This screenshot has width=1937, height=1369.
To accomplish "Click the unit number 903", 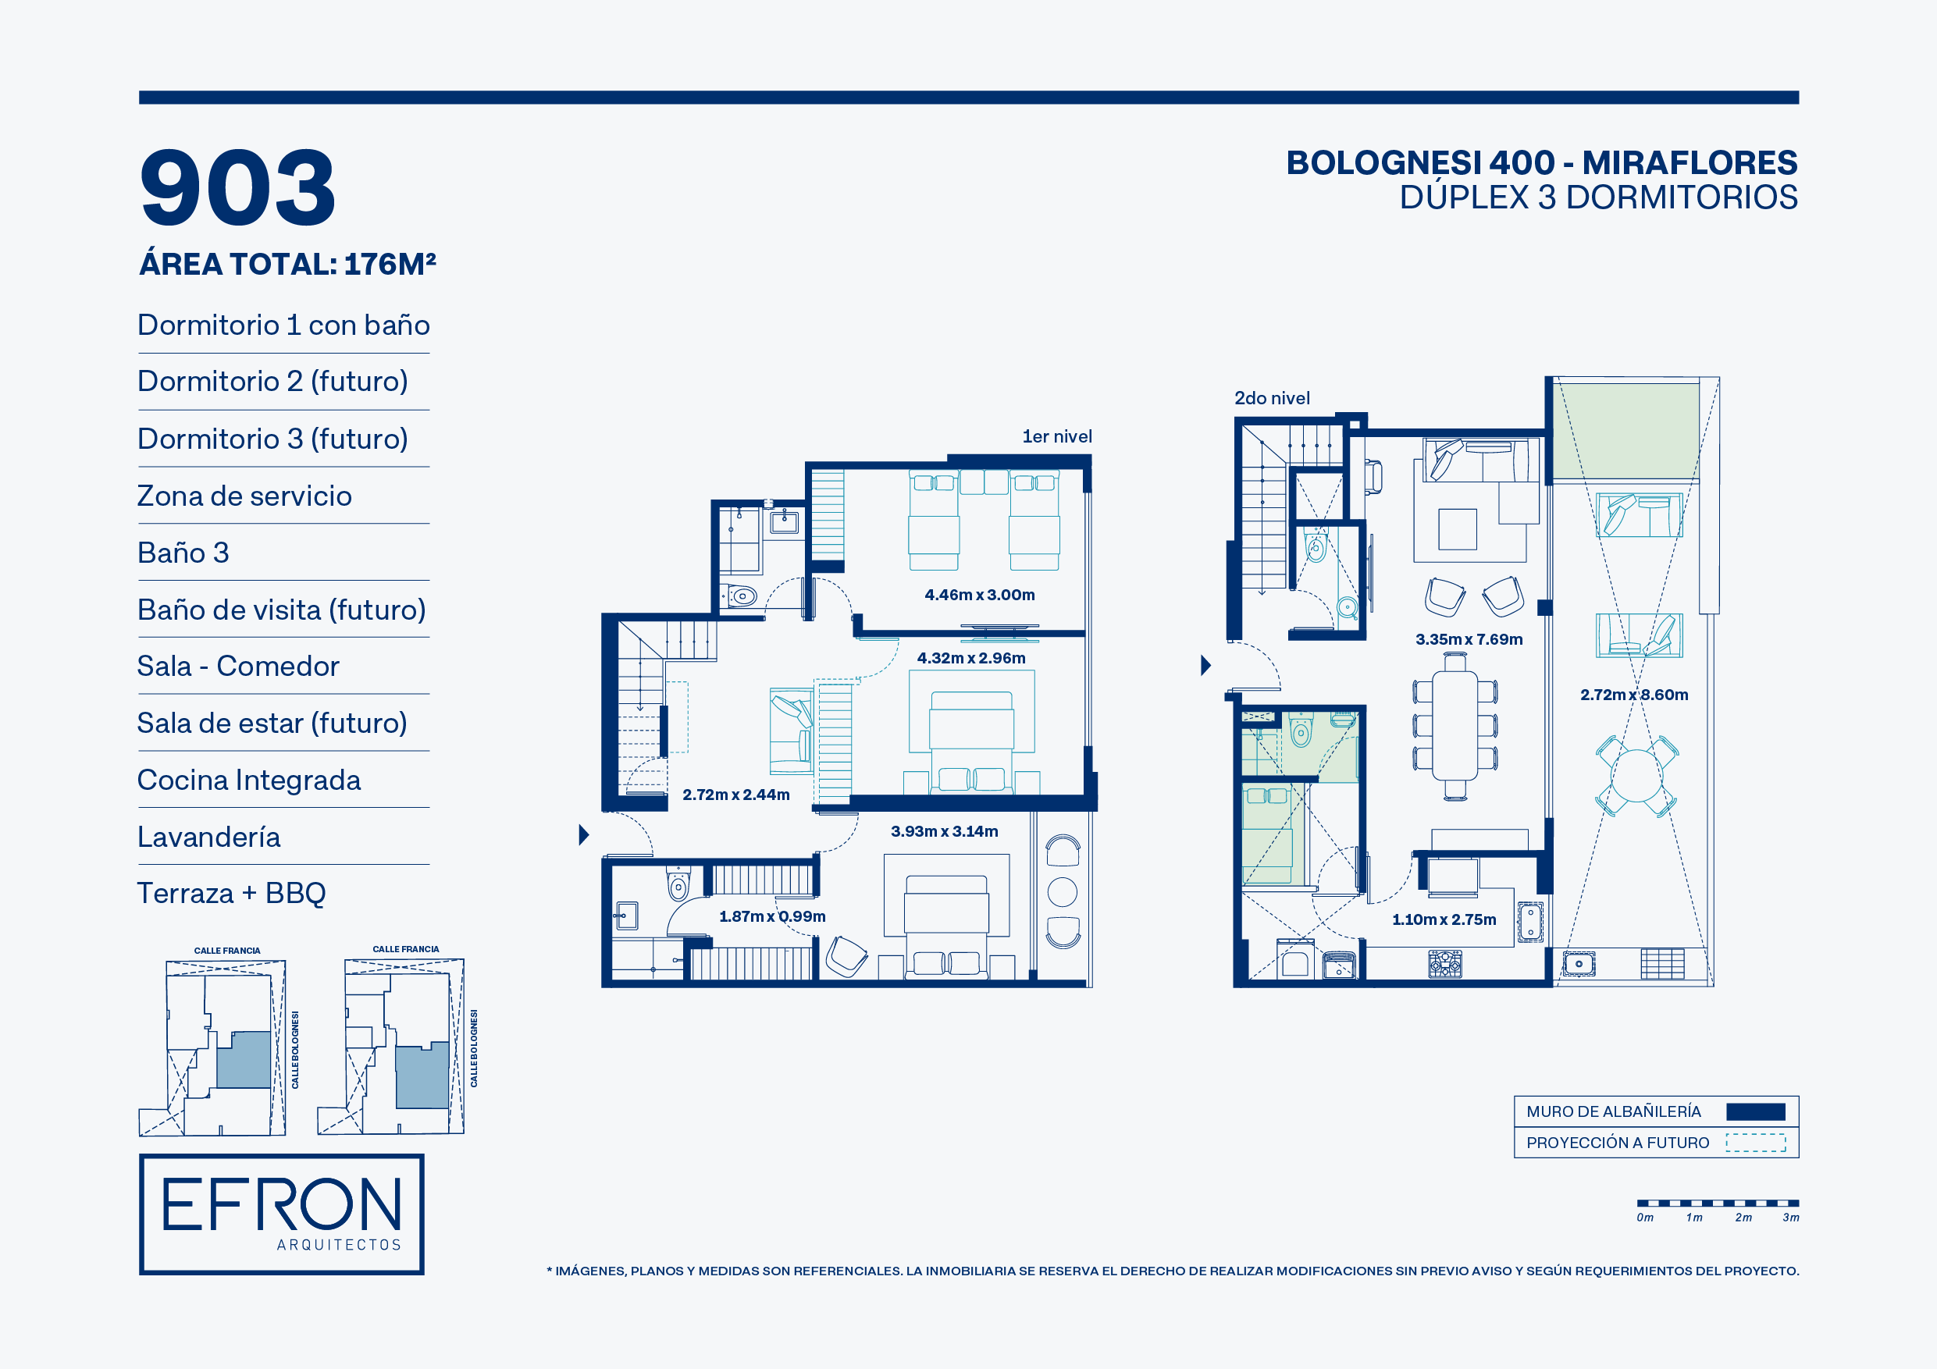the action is click(238, 187).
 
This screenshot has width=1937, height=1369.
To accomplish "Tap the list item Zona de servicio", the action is click(244, 496).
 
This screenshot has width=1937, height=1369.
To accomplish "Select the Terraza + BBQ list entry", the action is click(232, 893).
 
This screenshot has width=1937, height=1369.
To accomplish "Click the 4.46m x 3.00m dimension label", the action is click(980, 595).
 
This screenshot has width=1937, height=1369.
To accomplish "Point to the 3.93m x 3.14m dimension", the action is click(944, 831).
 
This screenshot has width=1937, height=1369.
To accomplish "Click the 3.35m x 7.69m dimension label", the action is click(1469, 639).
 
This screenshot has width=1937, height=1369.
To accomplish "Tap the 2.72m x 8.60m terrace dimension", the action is click(1634, 695).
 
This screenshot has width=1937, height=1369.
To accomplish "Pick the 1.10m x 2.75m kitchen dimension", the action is click(1444, 919).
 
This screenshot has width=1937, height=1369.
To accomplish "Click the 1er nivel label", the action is click(1057, 436).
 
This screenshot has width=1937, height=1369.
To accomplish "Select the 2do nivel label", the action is click(1273, 398).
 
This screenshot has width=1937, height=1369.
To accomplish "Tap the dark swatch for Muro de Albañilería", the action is click(1756, 1111).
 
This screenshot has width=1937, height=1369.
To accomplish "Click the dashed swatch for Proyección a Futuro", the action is click(1756, 1143).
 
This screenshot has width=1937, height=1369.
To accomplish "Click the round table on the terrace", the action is click(1636, 775).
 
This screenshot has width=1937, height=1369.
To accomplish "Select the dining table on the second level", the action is click(1455, 725).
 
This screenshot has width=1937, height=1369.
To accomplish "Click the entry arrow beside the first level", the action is click(584, 835).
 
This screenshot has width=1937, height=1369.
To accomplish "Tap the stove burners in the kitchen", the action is click(1445, 963).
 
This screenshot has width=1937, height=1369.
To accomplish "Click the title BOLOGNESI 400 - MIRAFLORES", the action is click(1541, 163).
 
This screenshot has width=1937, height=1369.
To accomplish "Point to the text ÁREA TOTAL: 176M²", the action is click(287, 264).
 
